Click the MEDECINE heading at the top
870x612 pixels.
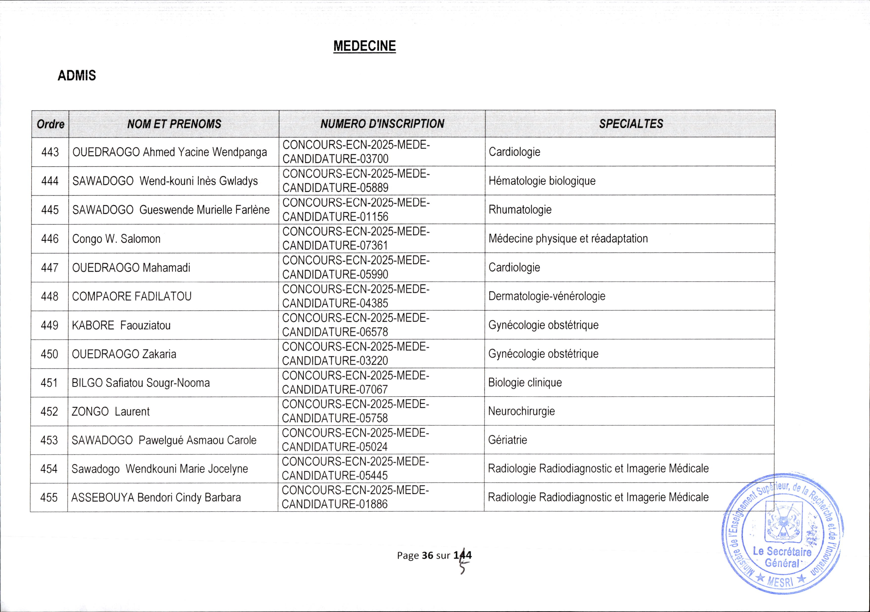365,46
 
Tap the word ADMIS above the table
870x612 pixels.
77,76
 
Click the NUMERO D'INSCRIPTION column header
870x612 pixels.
382,124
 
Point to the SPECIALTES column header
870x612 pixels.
631,124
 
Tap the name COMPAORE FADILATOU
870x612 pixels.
132,296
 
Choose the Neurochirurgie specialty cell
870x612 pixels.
521,411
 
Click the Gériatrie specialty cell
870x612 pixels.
507,440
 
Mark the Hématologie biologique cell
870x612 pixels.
542,181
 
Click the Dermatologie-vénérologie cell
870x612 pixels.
547,296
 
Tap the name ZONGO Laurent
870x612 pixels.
111,412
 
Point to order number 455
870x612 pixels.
49,498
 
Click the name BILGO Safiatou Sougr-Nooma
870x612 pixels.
140,383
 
